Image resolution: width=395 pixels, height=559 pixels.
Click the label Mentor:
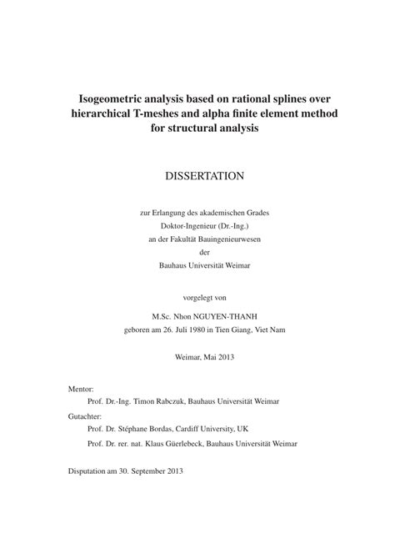tap(81, 389)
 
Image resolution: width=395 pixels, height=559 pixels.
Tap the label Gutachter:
tap(85, 415)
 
